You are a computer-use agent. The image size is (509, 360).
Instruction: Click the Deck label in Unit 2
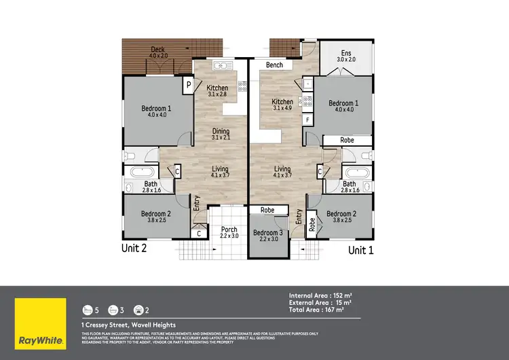(158, 52)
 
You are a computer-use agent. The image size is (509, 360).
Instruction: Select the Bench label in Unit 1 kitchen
(275, 65)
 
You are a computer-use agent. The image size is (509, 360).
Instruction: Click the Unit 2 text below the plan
(134, 249)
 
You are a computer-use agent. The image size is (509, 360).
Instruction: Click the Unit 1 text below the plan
(361, 250)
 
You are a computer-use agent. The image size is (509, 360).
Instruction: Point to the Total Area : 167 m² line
(316, 310)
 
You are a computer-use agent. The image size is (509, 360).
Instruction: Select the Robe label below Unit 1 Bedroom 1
(347, 140)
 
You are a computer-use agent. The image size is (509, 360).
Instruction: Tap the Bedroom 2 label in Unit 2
(155, 217)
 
